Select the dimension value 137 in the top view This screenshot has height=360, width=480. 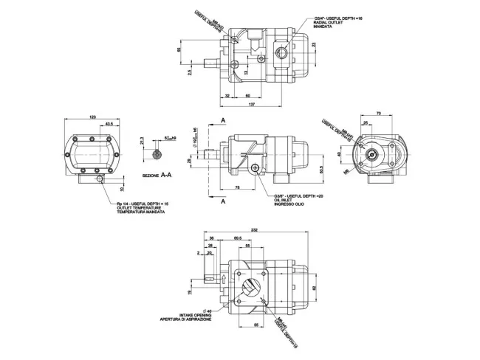click(x=253, y=105)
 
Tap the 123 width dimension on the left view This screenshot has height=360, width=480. click(x=92, y=117)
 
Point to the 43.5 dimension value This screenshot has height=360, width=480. click(x=109, y=123)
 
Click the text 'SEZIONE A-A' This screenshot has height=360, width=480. click(x=157, y=176)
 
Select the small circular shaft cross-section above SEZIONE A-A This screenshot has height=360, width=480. click(x=157, y=153)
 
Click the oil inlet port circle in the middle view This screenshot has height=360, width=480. click(x=255, y=170)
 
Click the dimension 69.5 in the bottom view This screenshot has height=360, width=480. click(x=239, y=239)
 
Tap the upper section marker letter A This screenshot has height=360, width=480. click(x=223, y=120)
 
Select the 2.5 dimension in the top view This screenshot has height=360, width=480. click(x=190, y=73)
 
